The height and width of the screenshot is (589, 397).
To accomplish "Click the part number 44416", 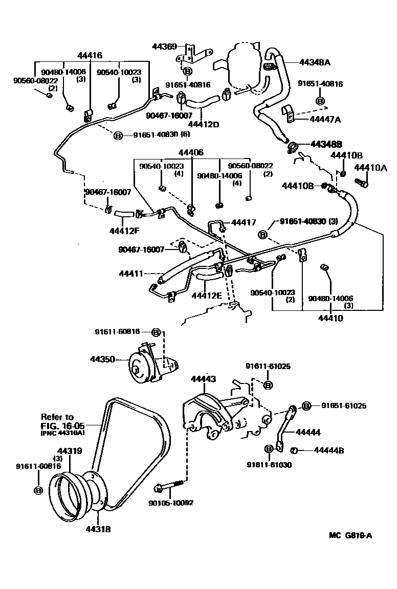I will [x=90, y=55].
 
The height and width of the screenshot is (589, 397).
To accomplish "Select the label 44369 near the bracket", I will [x=164, y=47].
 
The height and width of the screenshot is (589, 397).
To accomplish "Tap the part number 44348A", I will [x=315, y=62].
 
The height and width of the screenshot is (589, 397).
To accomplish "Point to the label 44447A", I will [x=325, y=119].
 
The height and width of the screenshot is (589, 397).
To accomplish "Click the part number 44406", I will [x=191, y=153].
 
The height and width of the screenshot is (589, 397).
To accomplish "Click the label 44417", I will [x=244, y=222].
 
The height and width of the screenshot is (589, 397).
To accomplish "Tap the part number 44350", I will [x=102, y=359].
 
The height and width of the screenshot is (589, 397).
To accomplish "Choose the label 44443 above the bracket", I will [x=203, y=379].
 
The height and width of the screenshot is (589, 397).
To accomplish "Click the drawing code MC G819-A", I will [x=350, y=536].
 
